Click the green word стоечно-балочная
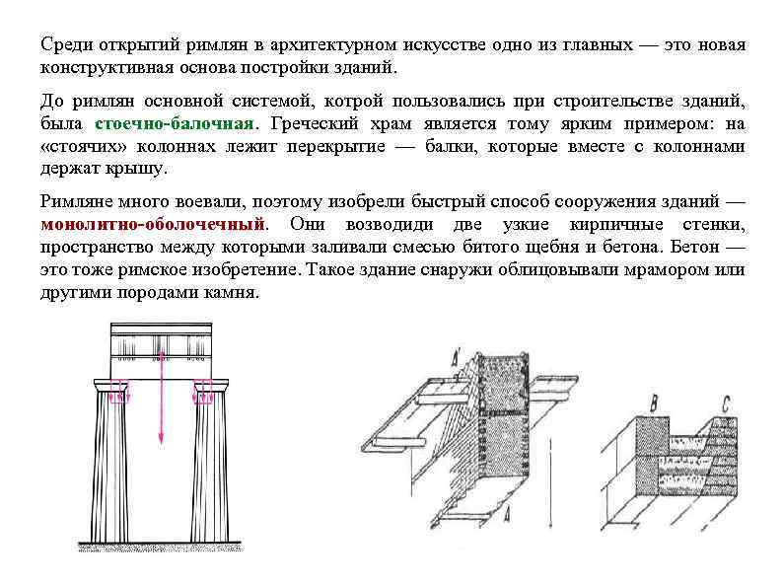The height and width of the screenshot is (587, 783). click(175, 124)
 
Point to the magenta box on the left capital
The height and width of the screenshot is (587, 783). click(118, 397)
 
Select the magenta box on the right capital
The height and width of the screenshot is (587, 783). click(204, 397)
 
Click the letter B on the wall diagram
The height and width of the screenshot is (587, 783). click(652, 403)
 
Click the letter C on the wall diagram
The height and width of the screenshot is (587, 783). click(726, 403)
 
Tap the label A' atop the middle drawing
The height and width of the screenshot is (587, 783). click(457, 356)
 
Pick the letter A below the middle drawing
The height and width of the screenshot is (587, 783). click(506, 515)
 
